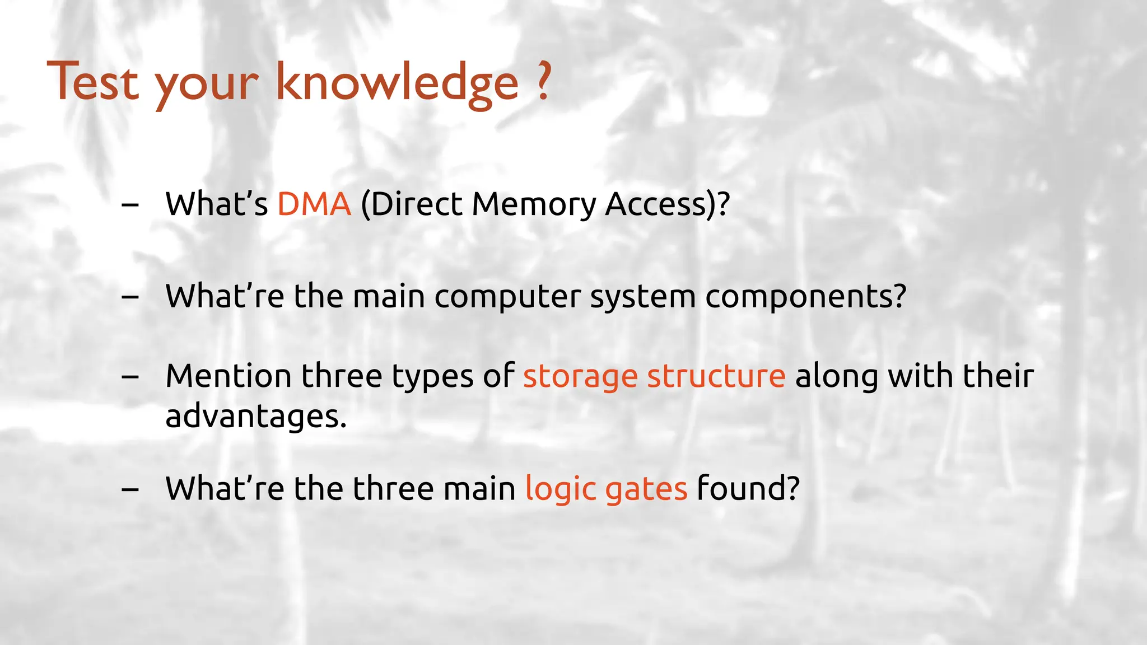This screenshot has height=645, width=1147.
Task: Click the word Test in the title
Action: click(x=92, y=82)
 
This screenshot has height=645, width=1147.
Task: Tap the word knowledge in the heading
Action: click(x=397, y=84)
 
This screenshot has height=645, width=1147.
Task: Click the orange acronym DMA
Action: click(x=314, y=204)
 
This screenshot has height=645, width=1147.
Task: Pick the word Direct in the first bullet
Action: click(x=416, y=204)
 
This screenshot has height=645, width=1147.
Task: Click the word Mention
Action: click(x=228, y=376)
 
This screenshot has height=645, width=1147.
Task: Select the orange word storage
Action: click(x=580, y=377)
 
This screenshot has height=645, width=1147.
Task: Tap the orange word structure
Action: click(x=716, y=376)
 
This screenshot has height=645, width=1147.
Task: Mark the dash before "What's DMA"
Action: click(x=130, y=205)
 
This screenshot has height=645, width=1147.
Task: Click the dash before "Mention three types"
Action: click(x=130, y=377)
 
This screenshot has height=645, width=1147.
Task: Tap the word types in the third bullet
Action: click(x=432, y=377)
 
